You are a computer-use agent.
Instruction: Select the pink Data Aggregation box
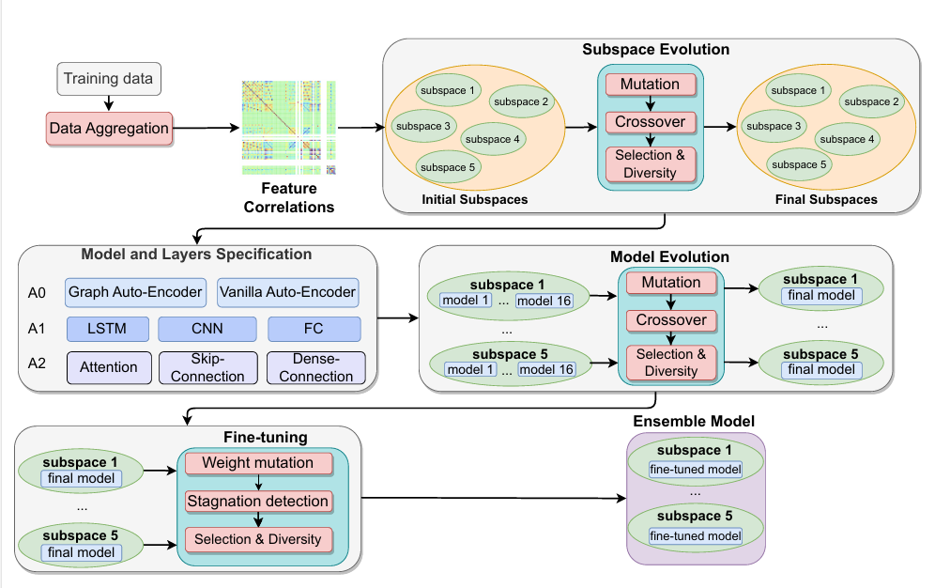coord(108,128)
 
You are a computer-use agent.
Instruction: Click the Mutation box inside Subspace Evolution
coord(650,85)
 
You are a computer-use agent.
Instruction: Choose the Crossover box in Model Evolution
coord(670,320)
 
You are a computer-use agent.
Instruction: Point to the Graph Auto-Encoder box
coord(135,292)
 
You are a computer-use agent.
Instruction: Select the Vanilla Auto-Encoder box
coord(287,292)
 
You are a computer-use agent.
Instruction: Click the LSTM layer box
coord(109,329)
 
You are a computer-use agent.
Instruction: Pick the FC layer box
coord(314,329)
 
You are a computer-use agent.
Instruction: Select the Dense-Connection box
coord(314,367)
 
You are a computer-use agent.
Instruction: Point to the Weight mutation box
coord(258,463)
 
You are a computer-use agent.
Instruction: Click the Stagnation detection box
coord(258,501)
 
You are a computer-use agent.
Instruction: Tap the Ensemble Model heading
coord(694,421)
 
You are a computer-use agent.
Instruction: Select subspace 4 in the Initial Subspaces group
coord(493,139)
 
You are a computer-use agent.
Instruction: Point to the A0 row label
coord(37,292)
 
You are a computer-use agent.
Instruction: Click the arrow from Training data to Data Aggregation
coord(108,102)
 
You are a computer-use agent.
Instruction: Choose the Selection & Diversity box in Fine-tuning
coord(258,539)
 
